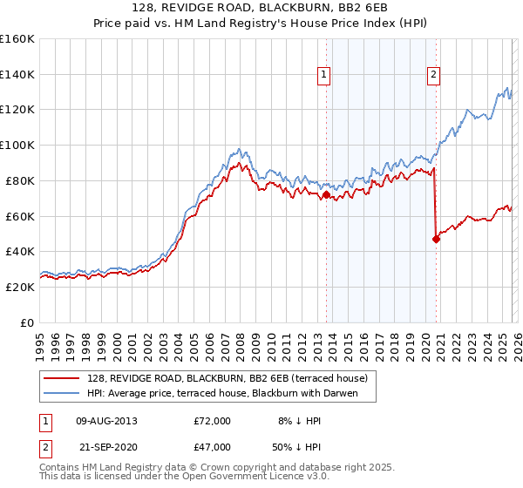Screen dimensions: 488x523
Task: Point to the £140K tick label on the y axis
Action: coord(17,75)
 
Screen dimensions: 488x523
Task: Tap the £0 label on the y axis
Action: coord(28,322)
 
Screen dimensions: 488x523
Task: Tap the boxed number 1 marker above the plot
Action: coord(324,76)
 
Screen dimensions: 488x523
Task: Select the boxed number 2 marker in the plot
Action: coord(433,76)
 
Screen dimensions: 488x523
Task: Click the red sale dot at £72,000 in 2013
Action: coord(325,195)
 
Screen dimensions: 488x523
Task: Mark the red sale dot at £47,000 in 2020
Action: coord(435,239)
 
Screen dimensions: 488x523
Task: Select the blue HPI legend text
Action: coord(230,393)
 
